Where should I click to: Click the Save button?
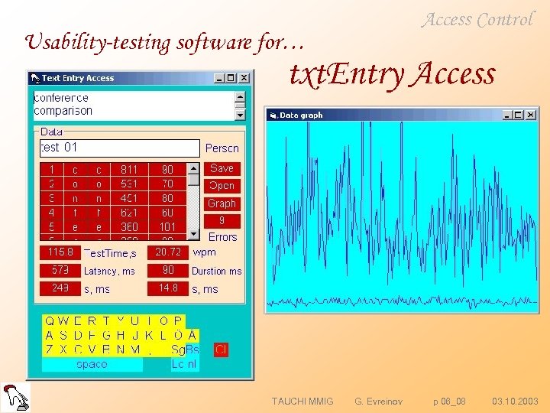tap(222, 168)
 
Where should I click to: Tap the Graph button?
tap(222, 203)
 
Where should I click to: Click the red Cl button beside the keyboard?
tap(221, 350)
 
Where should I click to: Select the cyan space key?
tap(92, 365)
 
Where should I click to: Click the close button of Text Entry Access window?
tap(244, 77)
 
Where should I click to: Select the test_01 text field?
tap(118, 148)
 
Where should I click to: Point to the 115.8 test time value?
tap(60, 252)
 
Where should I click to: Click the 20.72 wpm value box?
tap(167, 252)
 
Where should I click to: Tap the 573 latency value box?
tap(60, 271)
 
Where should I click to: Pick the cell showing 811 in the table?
tap(129, 169)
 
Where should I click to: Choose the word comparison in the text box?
tap(63, 111)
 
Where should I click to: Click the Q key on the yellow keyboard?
tap(50, 321)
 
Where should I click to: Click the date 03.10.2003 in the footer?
tap(515, 401)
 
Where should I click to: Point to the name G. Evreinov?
tap(379, 401)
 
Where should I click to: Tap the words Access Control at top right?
tap(477, 21)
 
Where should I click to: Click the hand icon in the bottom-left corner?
tap(15, 396)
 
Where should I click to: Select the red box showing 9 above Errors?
tap(222, 221)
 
